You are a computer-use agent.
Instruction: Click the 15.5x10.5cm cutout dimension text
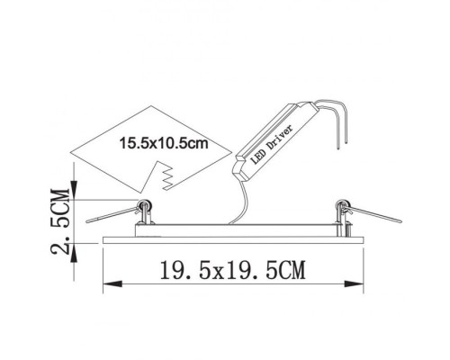[x=163, y=142]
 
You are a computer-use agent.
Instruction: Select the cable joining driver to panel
[x=241, y=203]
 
